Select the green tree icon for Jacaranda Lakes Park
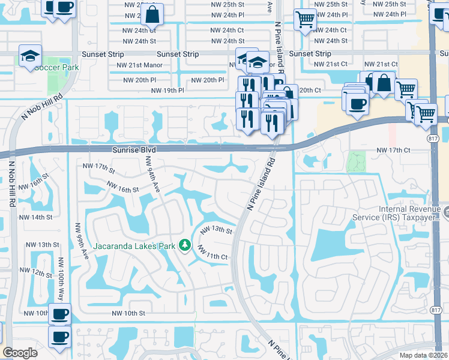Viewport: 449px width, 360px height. click(186, 245)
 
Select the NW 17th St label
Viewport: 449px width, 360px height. click(98, 166)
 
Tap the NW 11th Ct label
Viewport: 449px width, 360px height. click(212, 256)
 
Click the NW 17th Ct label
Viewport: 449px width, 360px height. click(393, 149)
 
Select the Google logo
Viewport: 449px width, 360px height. click(20, 353)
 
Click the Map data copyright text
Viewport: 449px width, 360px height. click(424, 355)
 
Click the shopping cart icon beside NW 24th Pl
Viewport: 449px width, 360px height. click(305, 20)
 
